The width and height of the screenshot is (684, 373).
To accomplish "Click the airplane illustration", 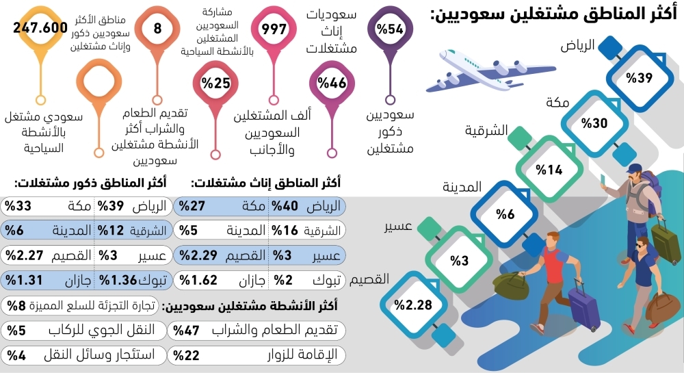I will tap(475, 69).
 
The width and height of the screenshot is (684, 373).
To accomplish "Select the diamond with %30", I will tap(594, 123).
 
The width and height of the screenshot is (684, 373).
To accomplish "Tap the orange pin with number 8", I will tap(157, 29).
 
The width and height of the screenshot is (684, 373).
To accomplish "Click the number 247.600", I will tap(43, 28).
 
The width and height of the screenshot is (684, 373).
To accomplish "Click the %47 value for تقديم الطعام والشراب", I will tap(184, 330).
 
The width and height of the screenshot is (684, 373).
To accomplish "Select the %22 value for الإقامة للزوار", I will tap(184, 355).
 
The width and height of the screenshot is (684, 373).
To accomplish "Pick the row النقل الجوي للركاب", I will tap(83, 330).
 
